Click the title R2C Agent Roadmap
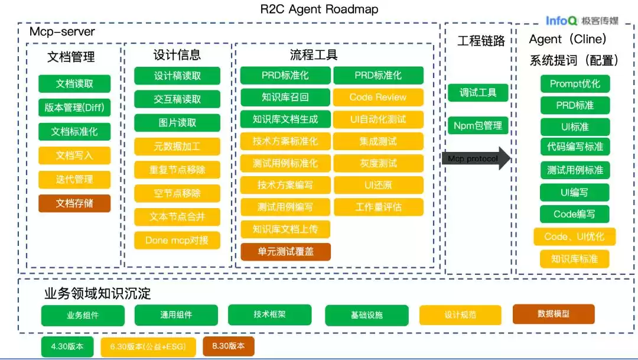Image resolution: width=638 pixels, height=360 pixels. click(319, 9)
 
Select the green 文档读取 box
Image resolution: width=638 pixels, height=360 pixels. click(74, 83)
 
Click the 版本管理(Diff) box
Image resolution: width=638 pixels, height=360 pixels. click(74, 108)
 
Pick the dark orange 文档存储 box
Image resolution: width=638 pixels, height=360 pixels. click(74, 203)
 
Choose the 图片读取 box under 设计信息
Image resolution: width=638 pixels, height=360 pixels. click(177, 123)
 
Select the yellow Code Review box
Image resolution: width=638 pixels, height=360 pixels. click(378, 97)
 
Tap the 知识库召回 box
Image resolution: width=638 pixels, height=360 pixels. click(285, 97)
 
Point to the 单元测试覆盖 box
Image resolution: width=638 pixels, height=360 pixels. click(285, 251)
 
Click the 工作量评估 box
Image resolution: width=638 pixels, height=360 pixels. click(378, 207)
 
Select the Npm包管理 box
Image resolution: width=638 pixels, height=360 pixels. click(478, 125)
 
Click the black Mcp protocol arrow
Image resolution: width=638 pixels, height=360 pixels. click(476, 158)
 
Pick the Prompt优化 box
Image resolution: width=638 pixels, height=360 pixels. click(575, 83)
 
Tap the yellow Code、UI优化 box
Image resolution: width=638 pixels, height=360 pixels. click(574, 236)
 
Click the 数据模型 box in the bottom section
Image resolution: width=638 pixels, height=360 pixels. click(554, 314)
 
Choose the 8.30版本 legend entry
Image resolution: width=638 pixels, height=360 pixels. click(229, 346)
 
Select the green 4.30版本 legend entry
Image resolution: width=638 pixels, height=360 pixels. click(67, 346)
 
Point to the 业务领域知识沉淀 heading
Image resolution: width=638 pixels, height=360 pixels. click(97, 294)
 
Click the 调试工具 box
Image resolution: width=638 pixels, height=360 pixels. click(478, 93)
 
